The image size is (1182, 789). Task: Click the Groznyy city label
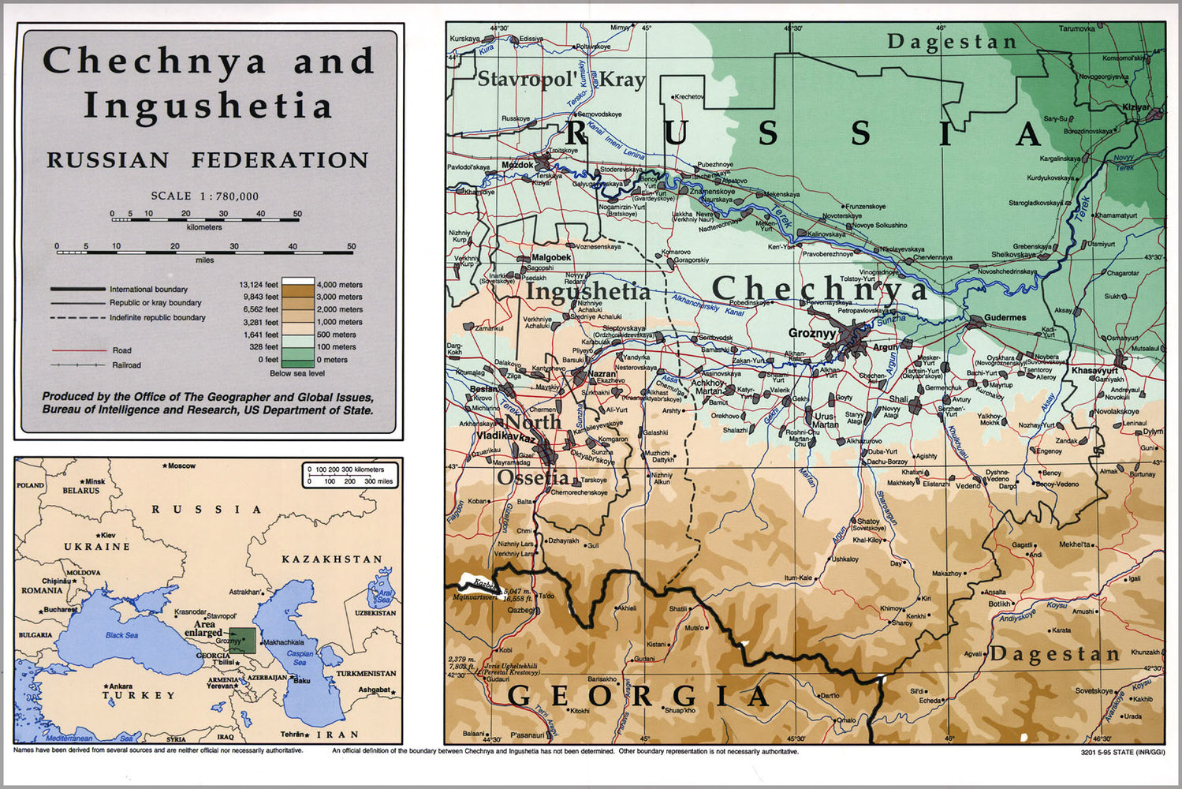(811, 334)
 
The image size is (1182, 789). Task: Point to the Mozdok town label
(517, 166)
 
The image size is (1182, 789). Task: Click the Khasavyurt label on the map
(1094, 371)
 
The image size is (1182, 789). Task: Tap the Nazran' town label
(602, 374)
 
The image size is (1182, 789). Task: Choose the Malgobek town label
(550, 257)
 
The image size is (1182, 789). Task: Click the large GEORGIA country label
(639, 697)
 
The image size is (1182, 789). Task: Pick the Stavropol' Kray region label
(561, 80)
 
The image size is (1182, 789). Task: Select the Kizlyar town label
(1136, 107)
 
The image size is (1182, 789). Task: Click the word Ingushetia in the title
(207, 107)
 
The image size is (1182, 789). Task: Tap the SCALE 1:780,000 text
(205, 196)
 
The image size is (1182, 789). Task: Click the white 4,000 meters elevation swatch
(298, 283)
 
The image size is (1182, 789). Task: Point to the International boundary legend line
(78, 290)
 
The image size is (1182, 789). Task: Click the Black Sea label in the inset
(121, 635)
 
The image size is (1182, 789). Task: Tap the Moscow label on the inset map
(181, 466)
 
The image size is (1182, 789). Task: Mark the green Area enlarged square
(242, 640)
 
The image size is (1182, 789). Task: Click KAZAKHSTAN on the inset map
(331, 559)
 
